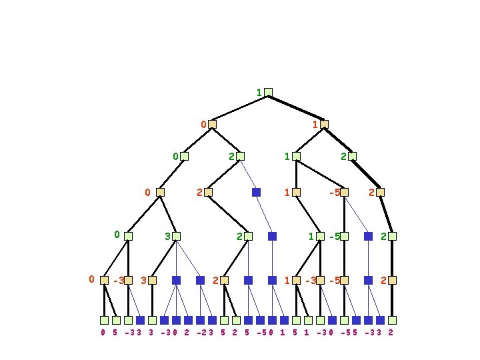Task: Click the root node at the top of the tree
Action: [x=268, y=92]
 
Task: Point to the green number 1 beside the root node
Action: [x=259, y=92]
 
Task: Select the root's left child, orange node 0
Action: [x=212, y=124]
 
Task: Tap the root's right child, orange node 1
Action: [x=324, y=124]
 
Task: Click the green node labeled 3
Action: [x=176, y=236]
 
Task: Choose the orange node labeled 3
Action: [x=152, y=281]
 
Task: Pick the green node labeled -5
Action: [x=344, y=236]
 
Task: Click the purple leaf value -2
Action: [x=201, y=332]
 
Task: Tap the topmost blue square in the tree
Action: [x=256, y=192]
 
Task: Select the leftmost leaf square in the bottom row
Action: [x=104, y=320]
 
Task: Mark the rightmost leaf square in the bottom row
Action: [x=392, y=320]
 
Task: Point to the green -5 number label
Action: [x=335, y=236]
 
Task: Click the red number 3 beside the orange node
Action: [x=143, y=281]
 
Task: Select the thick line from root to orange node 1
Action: [x=296, y=108]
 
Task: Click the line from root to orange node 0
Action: [x=240, y=108]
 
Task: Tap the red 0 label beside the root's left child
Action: [x=204, y=124]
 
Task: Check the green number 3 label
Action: [x=167, y=236]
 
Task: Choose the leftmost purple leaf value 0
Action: [x=103, y=332]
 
